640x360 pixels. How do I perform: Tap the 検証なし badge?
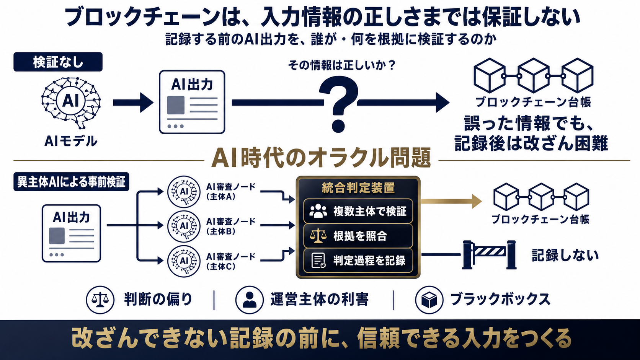[58, 62]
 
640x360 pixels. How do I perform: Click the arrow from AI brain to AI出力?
[133, 103]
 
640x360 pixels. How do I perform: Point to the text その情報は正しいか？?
[342, 65]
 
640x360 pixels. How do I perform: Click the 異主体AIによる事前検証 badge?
[71, 182]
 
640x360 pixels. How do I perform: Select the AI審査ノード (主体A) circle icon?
[184, 191]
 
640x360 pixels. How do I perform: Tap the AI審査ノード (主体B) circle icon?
[184, 226]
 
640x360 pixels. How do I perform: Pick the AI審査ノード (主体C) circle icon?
[184, 261]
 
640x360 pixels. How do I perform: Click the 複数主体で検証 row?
[358, 211]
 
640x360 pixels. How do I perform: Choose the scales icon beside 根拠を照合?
[318, 236]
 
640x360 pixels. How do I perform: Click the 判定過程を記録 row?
[358, 261]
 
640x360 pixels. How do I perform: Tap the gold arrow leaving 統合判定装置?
[451, 201]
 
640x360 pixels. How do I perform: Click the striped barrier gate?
[489, 255]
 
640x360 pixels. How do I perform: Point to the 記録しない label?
[565, 255]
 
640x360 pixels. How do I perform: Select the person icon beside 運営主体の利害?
[250, 300]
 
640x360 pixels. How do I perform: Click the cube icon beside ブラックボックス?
[429, 300]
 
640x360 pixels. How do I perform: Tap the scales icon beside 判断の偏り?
[100, 300]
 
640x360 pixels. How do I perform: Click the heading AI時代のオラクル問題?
[321, 158]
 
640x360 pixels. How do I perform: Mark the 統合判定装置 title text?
[358, 188]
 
